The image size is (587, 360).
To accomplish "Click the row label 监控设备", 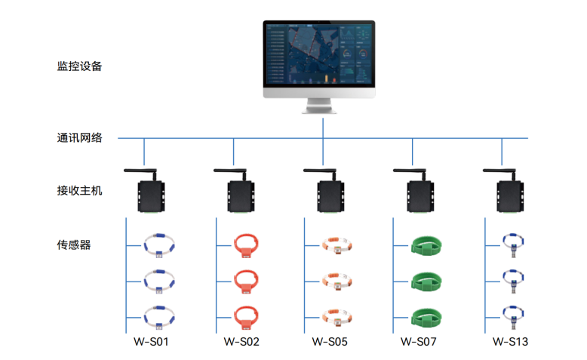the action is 79,66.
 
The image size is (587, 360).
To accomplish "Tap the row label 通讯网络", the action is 79,138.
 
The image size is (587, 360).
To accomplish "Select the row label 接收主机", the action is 79,191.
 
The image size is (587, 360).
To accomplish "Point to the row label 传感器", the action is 74,245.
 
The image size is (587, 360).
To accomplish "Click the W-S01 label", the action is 151,342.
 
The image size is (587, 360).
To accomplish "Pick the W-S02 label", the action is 241,342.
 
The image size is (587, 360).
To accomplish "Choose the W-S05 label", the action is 330,342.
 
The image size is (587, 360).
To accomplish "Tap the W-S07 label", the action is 418,342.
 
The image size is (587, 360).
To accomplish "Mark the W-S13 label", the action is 510,342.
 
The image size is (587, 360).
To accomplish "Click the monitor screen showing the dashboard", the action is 319,54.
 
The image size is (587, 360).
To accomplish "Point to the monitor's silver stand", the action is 319,106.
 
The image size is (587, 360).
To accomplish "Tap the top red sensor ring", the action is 246,245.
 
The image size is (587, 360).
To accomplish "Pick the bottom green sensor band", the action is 426,318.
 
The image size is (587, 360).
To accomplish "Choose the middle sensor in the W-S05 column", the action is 337,282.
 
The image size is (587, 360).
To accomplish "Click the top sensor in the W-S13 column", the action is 513,245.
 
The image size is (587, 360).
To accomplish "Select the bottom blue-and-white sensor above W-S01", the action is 159,318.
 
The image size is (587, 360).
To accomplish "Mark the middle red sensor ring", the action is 246,282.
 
